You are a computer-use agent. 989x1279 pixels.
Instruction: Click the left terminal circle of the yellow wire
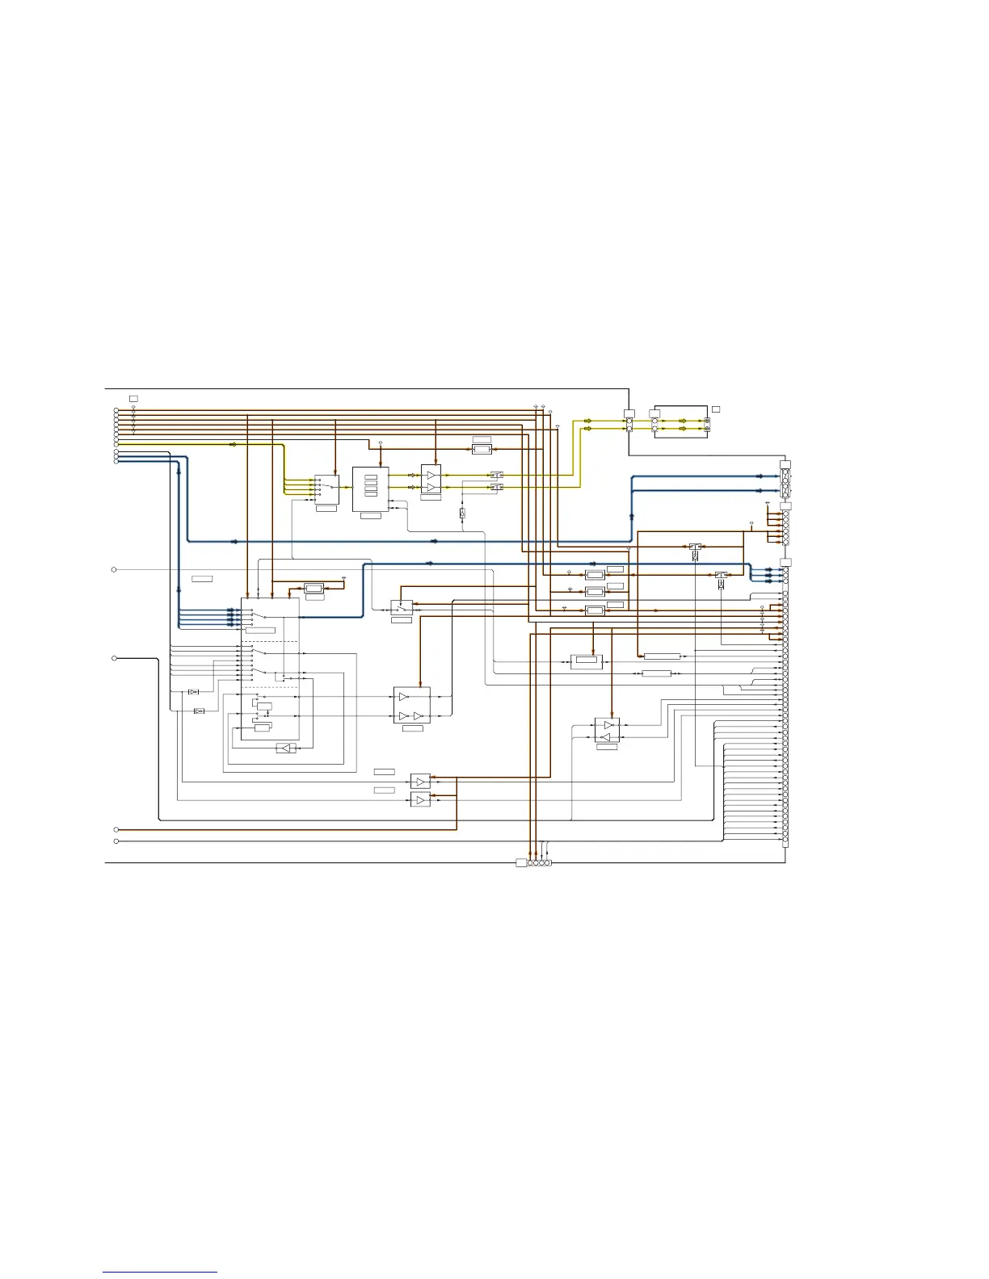coord(116,444)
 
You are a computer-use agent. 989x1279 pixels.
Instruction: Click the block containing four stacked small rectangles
coord(370,488)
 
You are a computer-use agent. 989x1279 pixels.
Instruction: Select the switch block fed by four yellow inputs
coord(326,488)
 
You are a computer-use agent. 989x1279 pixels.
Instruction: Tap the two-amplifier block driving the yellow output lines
coord(431,480)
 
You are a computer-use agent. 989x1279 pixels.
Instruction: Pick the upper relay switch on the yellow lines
coord(497,476)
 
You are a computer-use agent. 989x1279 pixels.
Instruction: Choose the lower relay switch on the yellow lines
coord(497,488)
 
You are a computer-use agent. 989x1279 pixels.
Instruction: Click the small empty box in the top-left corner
coord(133,399)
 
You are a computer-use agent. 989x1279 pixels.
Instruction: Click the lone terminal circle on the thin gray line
coord(114,570)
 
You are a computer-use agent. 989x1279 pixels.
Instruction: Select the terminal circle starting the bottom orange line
coord(116,830)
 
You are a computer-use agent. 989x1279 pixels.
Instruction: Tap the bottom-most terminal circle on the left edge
coord(116,841)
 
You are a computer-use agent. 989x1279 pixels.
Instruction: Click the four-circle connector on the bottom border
coord(539,863)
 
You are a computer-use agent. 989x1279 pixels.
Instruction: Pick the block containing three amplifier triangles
coord(411,706)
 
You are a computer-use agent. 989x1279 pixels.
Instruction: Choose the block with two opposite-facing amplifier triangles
coord(607,731)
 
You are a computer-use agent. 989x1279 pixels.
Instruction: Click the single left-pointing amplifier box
coord(285,749)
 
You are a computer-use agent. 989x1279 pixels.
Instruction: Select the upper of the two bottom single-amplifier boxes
coord(420,782)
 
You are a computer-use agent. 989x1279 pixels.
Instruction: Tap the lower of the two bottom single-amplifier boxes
coord(420,799)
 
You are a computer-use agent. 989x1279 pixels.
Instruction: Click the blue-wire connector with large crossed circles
coord(785,484)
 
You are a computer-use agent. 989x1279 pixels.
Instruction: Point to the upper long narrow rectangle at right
coord(662,656)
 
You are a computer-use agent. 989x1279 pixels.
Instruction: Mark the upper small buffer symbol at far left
coord(193,692)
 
